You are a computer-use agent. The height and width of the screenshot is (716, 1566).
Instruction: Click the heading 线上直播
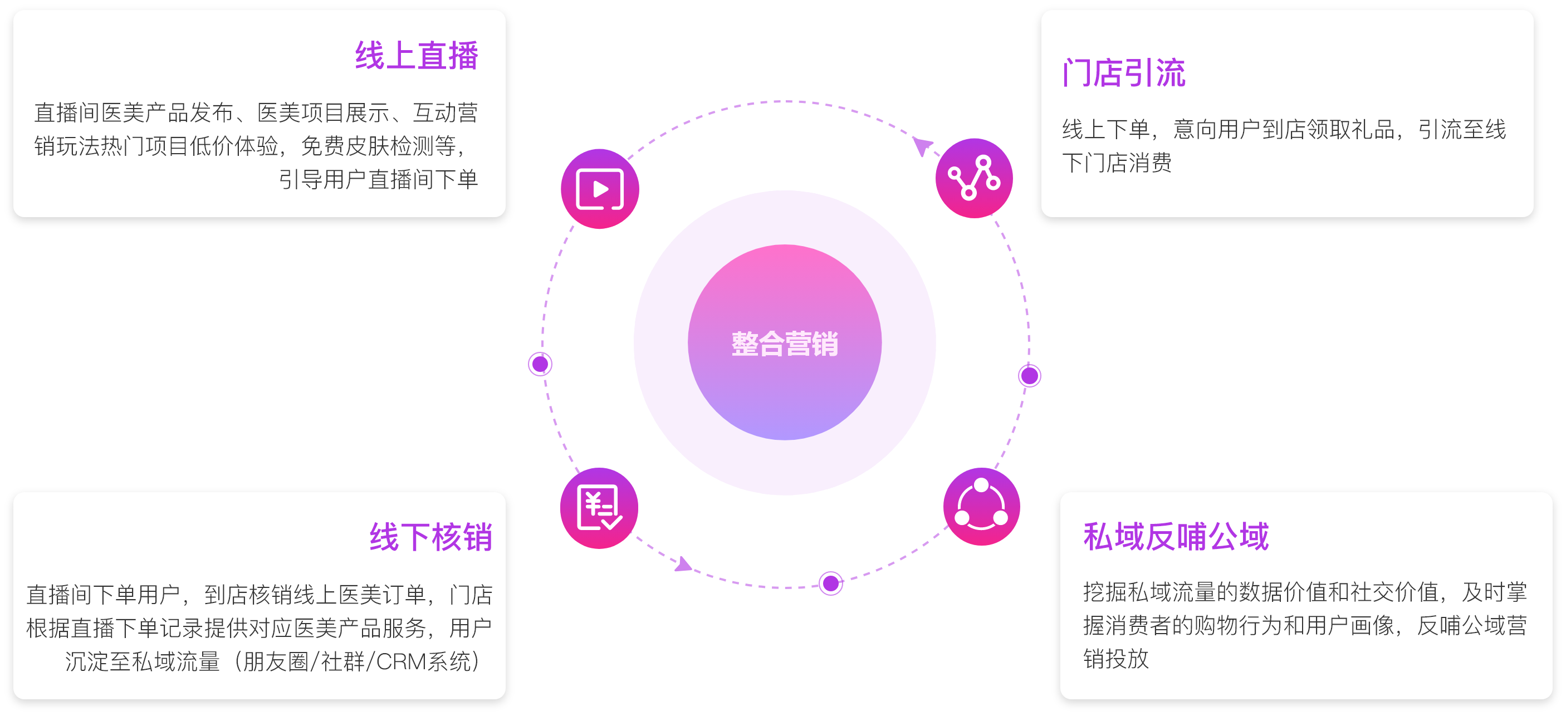point(417,56)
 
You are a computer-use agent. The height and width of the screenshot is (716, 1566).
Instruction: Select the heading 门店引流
point(1123,73)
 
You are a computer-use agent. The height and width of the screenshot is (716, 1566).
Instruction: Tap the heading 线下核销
point(430,537)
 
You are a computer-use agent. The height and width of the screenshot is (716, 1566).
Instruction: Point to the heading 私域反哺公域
point(1176,537)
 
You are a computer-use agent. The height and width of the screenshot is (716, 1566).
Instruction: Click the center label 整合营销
point(784,344)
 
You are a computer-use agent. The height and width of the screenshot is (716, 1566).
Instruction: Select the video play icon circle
point(599,189)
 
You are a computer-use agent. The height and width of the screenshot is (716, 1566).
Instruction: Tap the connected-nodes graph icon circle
point(974,178)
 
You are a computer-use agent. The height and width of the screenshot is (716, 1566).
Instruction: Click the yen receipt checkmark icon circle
point(599,508)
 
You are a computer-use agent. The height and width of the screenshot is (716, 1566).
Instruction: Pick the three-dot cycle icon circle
point(981,507)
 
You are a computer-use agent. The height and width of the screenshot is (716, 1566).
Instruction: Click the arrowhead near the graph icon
point(922,146)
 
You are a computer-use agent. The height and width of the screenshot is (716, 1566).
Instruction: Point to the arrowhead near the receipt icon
point(683,564)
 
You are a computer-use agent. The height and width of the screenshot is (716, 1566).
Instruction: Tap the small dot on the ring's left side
point(540,364)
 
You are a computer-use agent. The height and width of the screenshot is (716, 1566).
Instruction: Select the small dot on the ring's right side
point(1029,376)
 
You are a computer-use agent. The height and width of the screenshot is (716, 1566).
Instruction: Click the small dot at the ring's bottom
point(830,583)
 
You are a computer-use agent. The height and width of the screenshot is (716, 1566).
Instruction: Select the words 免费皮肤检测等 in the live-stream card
point(378,146)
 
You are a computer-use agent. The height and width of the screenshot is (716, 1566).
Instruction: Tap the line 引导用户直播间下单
point(378,179)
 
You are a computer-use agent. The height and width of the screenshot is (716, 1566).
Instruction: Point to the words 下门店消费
point(1117,163)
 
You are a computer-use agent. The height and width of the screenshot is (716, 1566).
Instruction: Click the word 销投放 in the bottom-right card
point(1115,658)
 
